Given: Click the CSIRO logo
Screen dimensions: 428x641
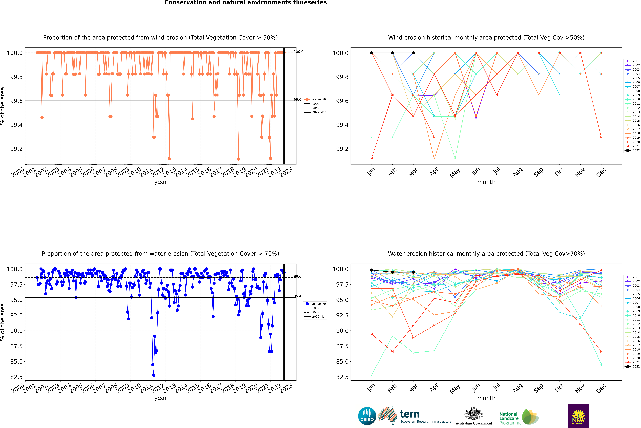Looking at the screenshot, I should [367, 416].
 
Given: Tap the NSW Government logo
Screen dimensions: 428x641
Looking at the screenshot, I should [578, 416].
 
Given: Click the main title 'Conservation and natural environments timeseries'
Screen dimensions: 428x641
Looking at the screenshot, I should [245, 3].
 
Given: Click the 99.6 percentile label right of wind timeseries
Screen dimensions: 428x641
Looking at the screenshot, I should [298, 100].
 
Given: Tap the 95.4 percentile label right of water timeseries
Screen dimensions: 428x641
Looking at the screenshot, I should [298, 296].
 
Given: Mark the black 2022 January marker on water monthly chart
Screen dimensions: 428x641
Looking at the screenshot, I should [372, 270].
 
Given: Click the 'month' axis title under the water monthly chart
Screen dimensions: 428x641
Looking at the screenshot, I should [486, 398].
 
